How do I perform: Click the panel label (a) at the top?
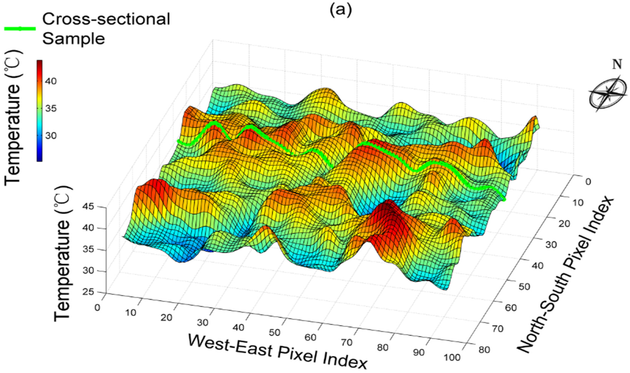341,10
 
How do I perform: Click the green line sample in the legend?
20,29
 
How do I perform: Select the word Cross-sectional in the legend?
106,19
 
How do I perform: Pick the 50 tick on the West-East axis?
274,333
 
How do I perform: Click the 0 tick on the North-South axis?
588,182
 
